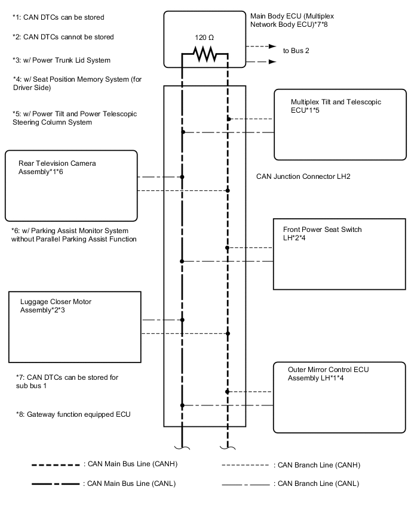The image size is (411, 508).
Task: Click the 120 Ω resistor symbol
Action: (x=204, y=55)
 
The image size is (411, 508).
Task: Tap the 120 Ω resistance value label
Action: (x=204, y=37)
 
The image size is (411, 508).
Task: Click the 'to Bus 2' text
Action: (x=296, y=51)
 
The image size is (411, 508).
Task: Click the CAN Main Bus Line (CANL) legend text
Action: (x=130, y=484)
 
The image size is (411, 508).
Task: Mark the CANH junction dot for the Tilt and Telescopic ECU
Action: (x=228, y=119)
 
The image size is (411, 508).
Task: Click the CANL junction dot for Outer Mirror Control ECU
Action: (x=182, y=405)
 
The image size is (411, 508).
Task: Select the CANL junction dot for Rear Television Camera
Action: (x=182, y=177)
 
